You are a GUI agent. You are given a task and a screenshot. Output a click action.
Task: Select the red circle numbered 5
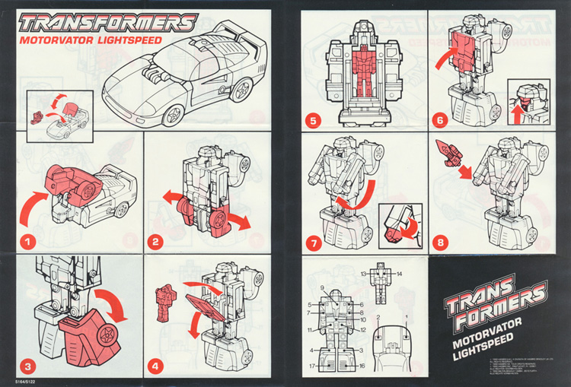point(312,120)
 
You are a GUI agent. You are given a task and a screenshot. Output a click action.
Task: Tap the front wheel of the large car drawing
point(173,113)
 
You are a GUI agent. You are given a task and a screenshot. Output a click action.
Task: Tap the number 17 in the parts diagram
point(312,366)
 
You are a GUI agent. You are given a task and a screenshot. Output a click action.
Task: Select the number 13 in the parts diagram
point(365,272)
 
